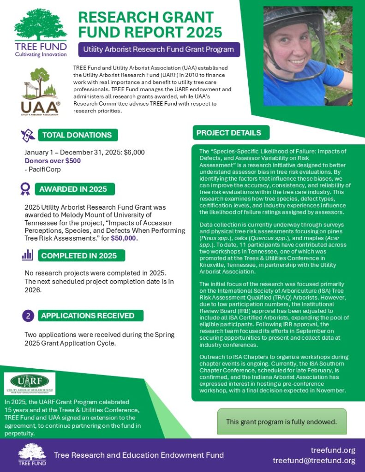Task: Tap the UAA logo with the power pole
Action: [41, 91]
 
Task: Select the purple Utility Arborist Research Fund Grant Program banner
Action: [159, 49]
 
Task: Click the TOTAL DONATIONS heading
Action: [77, 135]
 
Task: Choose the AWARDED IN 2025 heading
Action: [73, 189]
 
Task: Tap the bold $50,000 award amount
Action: [124, 238]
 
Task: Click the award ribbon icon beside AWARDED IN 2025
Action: [25, 189]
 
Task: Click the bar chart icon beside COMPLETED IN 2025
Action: [27, 255]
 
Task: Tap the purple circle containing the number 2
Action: [28, 316]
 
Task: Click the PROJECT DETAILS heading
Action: [229, 133]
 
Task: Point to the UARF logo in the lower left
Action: [30, 383]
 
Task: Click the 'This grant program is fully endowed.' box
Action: [281, 421]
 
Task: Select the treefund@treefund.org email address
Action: [314, 460]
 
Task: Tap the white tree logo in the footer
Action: [32, 454]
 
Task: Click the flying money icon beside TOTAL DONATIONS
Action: [27, 135]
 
